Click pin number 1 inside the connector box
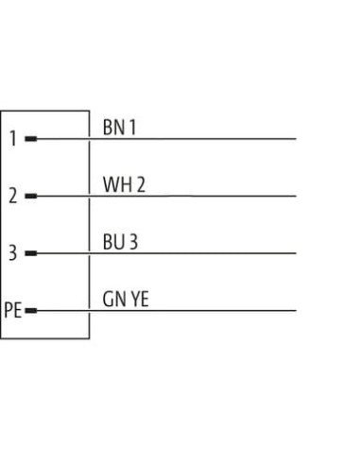click(x=13, y=138)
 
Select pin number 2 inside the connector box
click(x=13, y=196)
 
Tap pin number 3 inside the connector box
click(x=12, y=252)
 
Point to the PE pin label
click(x=13, y=310)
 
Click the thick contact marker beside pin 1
click(x=31, y=139)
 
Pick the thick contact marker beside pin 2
click(x=31, y=196)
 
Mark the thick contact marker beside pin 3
click(x=31, y=253)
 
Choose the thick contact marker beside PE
click(x=31, y=311)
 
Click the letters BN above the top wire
click(x=114, y=128)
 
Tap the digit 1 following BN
click(x=132, y=128)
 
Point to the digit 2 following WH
click(x=141, y=184)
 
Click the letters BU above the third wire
click(x=113, y=242)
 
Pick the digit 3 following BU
click(x=133, y=242)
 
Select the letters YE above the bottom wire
click(x=140, y=300)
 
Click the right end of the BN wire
click(x=296, y=139)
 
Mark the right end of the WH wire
click(x=296, y=196)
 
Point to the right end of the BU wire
click(x=296, y=253)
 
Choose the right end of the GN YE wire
click(x=296, y=311)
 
